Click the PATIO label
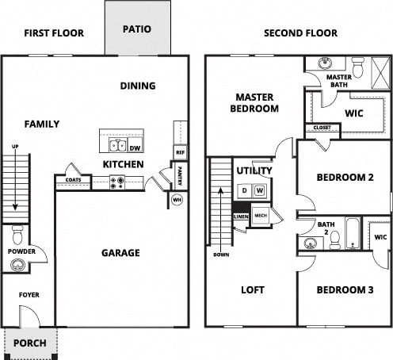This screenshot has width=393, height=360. pyautogui.click(x=136, y=29)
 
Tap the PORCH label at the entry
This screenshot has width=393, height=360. pyautogui.click(x=31, y=343)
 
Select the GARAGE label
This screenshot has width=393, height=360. pyautogui.click(x=120, y=253)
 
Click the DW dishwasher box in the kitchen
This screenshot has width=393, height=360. pyautogui.click(x=135, y=147)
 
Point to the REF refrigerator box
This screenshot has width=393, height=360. pyautogui.click(x=180, y=151)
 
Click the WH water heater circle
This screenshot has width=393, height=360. pyautogui.click(x=177, y=200)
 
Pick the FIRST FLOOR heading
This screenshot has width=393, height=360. pyautogui.click(x=55, y=33)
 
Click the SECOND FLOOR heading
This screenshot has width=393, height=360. pyautogui.click(x=300, y=33)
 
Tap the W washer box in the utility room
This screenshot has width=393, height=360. pyautogui.click(x=259, y=191)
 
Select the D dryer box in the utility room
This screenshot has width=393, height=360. pyautogui.click(x=244, y=191)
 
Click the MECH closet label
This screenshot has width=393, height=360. pyautogui.click(x=260, y=215)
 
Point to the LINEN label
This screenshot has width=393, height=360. pyautogui.click(x=241, y=216)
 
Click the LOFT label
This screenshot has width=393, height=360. pyautogui.click(x=252, y=289)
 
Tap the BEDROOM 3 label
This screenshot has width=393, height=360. pyautogui.click(x=345, y=289)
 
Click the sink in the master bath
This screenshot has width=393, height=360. pyautogui.click(x=326, y=63)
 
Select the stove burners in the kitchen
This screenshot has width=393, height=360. pyautogui.click(x=116, y=182)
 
